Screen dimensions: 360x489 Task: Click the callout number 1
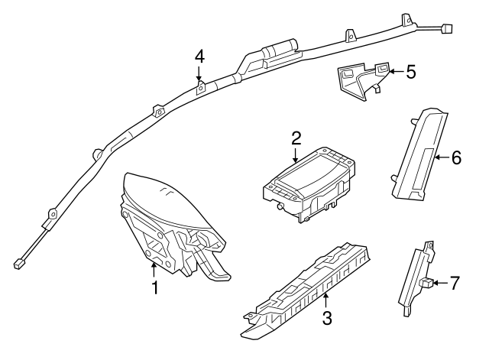[154, 288]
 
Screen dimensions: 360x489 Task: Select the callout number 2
[296, 138]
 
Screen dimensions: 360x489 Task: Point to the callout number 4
[199, 56]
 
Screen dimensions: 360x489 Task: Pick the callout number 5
[411, 73]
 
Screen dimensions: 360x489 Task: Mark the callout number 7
[455, 284]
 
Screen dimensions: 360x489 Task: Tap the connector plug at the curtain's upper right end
[448, 29]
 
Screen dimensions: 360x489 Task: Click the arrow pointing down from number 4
[199, 75]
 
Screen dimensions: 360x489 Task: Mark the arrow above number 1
[154, 268]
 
